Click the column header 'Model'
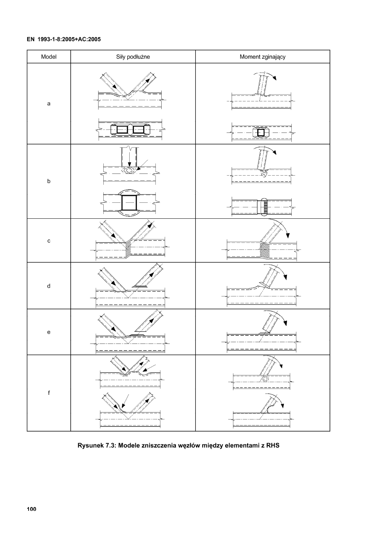click(48, 57)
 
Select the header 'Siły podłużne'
click(133, 57)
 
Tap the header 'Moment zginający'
click(262, 57)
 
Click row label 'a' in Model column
click(48, 104)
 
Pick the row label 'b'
click(48, 182)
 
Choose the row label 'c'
click(48, 241)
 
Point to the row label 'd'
click(48, 286)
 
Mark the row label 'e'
click(48, 332)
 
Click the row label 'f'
click(48, 393)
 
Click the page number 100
click(31, 509)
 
